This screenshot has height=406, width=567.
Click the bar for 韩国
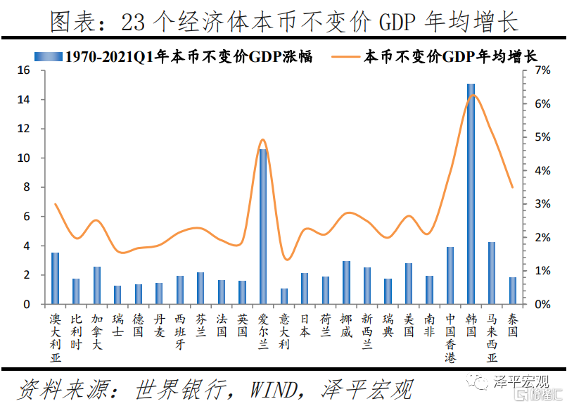pyautogui.click(x=471, y=194)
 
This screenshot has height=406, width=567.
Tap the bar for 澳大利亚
pyautogui.click(x=56, y=278)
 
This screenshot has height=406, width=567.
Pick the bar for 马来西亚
pyautogui.click(x=492, y=273)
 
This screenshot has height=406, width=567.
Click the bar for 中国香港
pyautogui.click(x=450, y=276)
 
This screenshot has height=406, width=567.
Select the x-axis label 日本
pyautogui.click(x=305, y=325)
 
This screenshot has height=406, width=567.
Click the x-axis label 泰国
pyautogui.click(x=512, y=325)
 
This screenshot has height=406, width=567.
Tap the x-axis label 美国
pyautogui.click(x=409, y=325)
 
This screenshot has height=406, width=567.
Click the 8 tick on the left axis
pyautogui.click(x=25, y=187)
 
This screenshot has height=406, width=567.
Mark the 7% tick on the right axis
pyautogui.click(x=542, y=70)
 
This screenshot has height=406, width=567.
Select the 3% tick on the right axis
pyautogui.click(x=542, y=204)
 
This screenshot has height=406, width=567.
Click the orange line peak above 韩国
pyautogui.click(x=473, y=95)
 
